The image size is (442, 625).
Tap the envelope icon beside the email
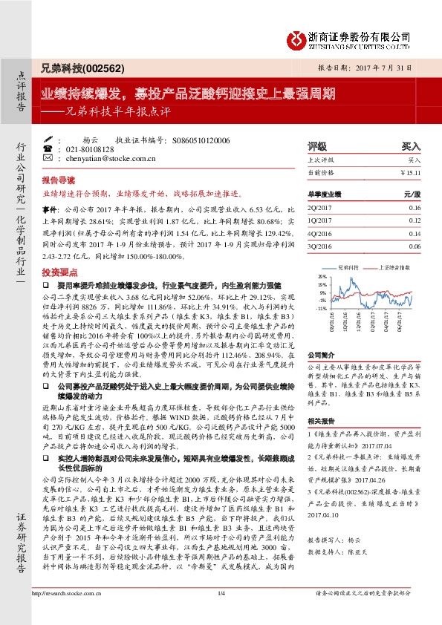pos(48,158)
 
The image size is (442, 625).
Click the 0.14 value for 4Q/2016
pos(415,232)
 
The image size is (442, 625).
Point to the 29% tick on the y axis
pos(322,275)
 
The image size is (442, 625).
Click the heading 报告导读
pos(58,180)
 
